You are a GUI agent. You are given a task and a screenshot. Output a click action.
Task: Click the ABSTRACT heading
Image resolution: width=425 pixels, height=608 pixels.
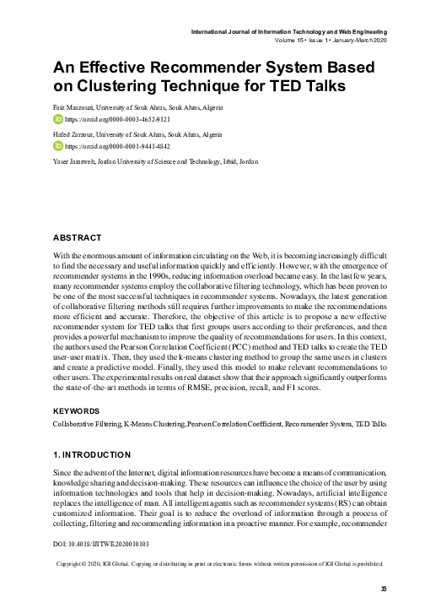coord(77,237)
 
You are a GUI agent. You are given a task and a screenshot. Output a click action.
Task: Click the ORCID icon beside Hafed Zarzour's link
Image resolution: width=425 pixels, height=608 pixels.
coord(57,145)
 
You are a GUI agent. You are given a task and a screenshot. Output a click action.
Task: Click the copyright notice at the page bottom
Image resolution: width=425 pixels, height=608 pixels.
coord(219,562)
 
